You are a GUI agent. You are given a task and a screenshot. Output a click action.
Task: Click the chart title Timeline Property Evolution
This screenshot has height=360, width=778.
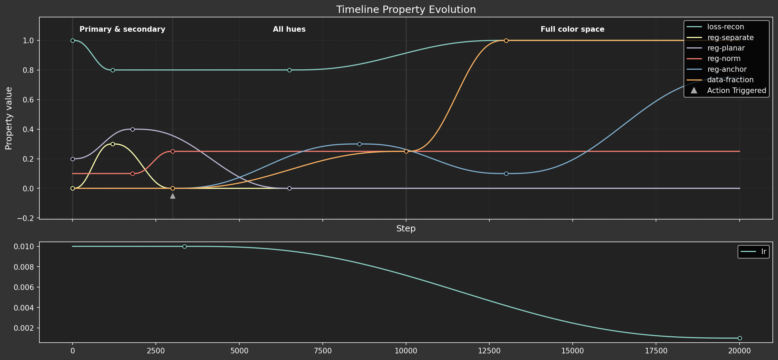(406, 10)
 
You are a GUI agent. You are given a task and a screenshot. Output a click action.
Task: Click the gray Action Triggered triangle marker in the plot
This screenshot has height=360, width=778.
(173, 196)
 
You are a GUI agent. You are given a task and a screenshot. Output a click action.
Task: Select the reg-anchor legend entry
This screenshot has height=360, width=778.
(727, 69)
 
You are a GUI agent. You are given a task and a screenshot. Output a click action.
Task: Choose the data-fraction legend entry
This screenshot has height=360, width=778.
(730, 80)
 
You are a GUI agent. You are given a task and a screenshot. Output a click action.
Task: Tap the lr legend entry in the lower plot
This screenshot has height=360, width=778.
(763, 252)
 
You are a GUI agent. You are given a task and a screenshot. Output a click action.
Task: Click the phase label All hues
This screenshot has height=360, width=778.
(289, 29)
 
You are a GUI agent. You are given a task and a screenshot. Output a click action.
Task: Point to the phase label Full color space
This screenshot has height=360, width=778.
(572, 29)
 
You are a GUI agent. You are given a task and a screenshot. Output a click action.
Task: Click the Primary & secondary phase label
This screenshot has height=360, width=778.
(122, 29)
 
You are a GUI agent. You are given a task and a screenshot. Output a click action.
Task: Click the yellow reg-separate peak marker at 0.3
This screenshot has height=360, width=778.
(113, 144)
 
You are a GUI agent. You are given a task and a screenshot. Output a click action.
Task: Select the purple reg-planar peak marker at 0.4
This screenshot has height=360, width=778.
(132, 129)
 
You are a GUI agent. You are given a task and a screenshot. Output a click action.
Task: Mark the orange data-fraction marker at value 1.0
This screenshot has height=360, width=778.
(506, 40)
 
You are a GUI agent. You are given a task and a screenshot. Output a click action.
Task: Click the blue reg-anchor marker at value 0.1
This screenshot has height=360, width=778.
(506, 174)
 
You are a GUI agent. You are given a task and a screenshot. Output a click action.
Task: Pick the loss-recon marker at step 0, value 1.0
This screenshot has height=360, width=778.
(73, 40)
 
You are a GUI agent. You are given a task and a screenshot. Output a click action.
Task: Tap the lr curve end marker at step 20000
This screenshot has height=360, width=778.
(740, 338)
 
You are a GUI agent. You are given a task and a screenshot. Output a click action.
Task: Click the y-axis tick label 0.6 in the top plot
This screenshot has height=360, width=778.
(29, 100)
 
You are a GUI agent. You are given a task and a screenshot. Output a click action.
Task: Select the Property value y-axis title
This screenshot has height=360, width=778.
(9, 118)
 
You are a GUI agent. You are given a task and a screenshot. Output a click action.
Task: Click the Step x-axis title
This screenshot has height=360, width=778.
(406, 229)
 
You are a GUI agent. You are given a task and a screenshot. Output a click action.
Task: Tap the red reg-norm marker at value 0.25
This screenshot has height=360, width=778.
(173, 151)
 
